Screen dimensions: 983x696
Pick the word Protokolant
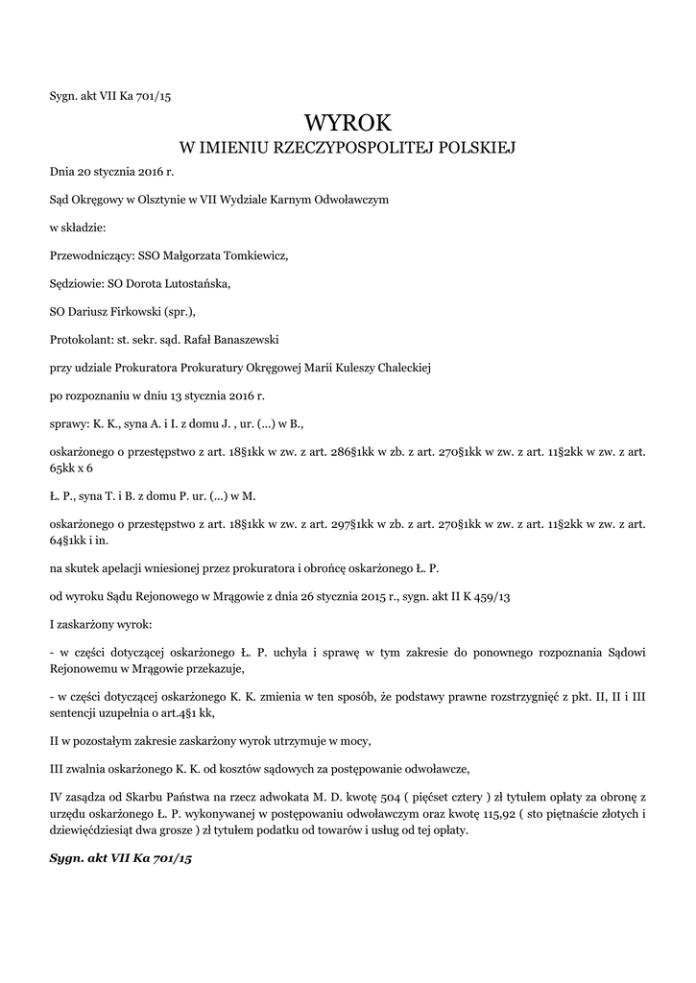coord(80,338)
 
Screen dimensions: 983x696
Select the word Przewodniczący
coord(91,256)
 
